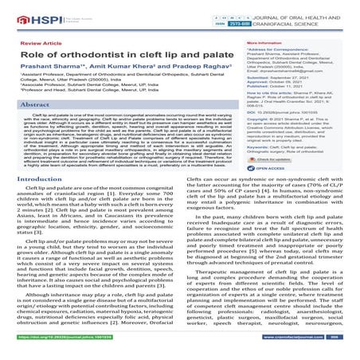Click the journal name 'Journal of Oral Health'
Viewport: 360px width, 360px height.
coord(302,8)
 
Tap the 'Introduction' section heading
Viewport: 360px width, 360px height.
coord(31,203)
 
